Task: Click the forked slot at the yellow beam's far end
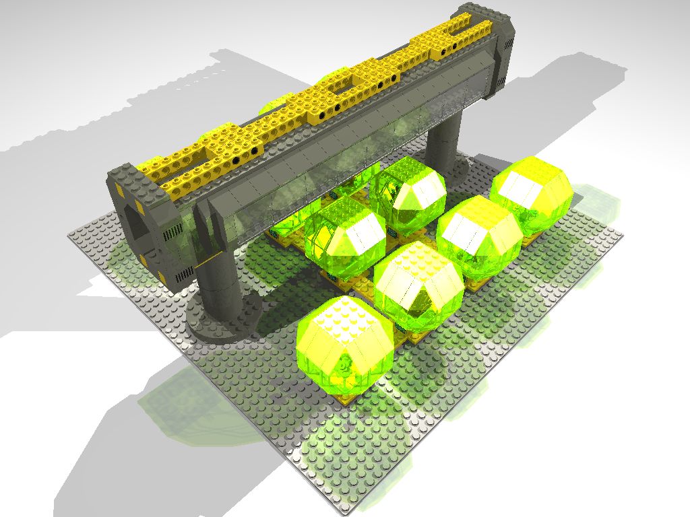[x=460, y=27]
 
